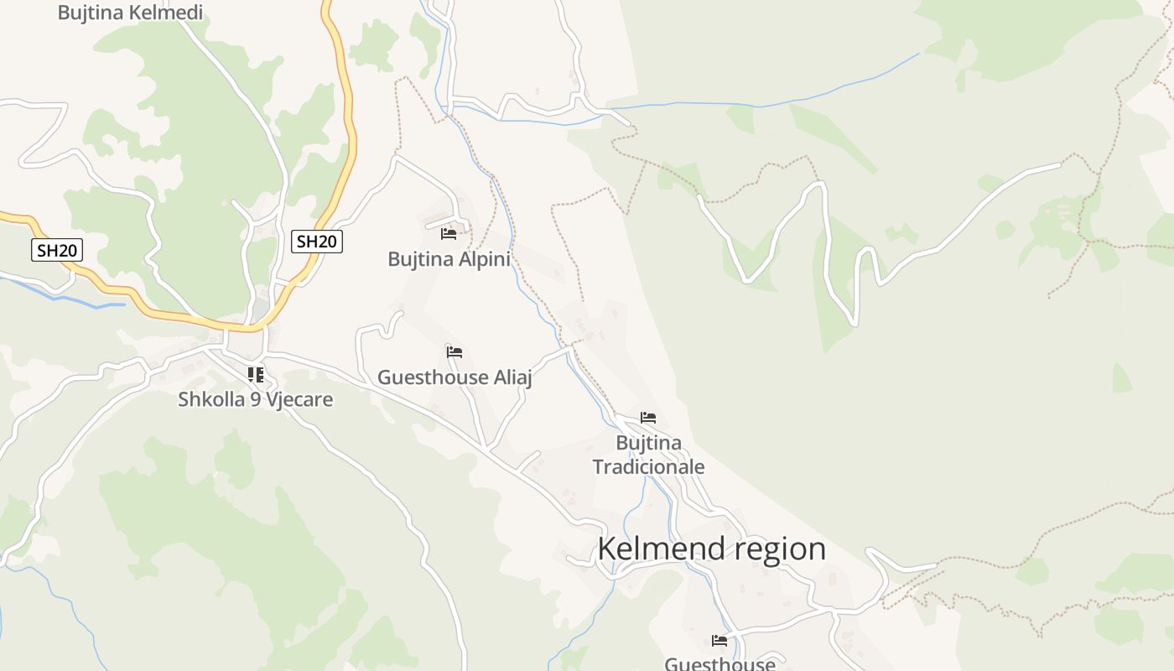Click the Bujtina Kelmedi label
tap(130, 12)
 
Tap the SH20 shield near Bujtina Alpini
tap(317, 242)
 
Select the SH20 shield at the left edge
tap(57, 249)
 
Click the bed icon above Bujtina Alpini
tap(449, 233)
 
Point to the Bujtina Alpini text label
tap(449, 259)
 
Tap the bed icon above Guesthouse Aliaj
tap(455, 352)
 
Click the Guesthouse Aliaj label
tap(455, 377)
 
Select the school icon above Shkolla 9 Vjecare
tap(256, 374)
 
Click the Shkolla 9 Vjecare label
tap(255, 399)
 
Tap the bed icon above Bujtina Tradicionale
tap(648, 417)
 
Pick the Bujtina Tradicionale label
tap(648, 455)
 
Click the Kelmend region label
tap(711, 549)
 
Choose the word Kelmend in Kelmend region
tap(660, 549)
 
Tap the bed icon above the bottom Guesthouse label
tap(719, 641)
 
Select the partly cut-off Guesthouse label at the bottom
tap(719, 663)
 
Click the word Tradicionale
tap(648, 466)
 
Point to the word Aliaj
tap(513, 377)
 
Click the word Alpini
tap(482, 259)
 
